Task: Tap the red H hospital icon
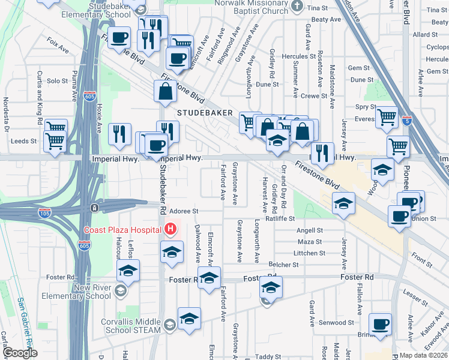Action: [171, 229]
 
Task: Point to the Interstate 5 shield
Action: [406, 120]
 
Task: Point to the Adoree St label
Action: [184, 211]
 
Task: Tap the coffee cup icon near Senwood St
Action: [379, 325]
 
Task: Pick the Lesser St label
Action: [415, 293]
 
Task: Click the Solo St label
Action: [58, 80]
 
